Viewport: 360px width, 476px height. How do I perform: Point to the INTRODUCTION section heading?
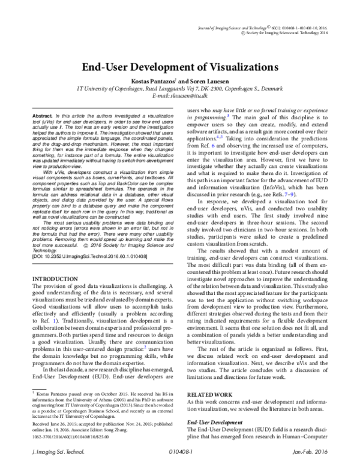pyautogui.click(x=56, y=279)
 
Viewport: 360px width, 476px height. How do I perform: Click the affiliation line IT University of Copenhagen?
pyautogui.click(x=180, y=88)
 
